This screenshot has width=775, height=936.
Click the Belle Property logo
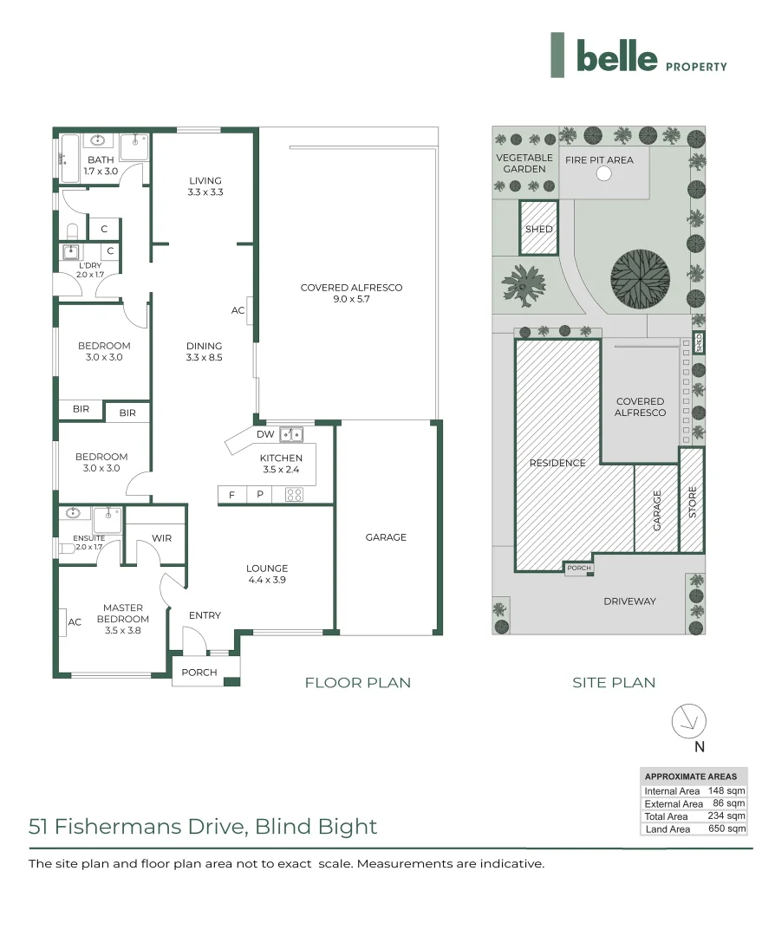[x=639, y=56]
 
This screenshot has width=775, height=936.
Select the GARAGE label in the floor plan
[x=386, y=537]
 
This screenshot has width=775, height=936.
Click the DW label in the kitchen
[x=265, y=434]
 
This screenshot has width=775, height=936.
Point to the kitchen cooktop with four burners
[x=294, y=495]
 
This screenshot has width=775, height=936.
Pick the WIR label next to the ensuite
[x=161, y=538]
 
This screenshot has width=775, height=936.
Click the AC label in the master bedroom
[x=75, y=622]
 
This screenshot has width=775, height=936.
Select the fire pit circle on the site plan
[x=604, y=173]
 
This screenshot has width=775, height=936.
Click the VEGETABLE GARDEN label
[x=524, y=163]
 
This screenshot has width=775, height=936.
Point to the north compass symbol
[x=689, y=721]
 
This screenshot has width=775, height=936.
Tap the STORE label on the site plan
[x=692, y=503]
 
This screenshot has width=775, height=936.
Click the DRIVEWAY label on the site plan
[x=629, y=601]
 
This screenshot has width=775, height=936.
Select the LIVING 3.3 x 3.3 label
[x=205, y=186]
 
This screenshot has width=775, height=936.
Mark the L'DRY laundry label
[x=89, y=270]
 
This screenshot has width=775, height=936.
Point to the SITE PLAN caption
[x=614, y=682]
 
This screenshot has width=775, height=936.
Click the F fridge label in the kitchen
[x=231, y=495]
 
